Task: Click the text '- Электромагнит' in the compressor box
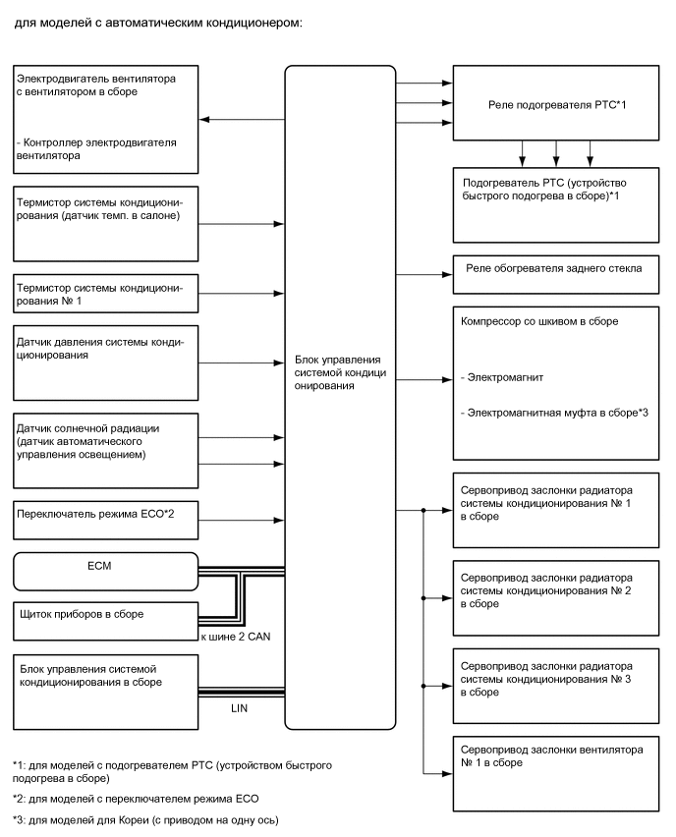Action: coord(504,376)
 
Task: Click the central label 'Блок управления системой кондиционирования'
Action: coord(340,372)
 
